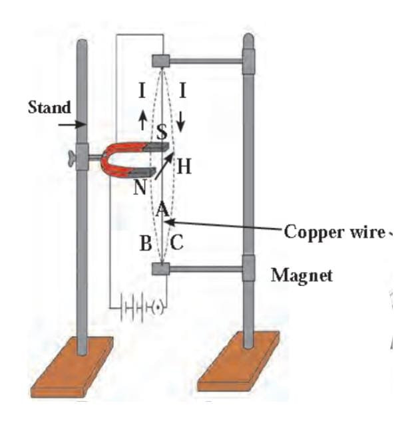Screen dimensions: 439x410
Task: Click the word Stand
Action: pos(47,108)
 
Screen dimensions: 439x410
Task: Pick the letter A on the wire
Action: pos(161,210)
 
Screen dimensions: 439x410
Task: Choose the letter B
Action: pos(146,243)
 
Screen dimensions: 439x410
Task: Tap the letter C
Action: pos(178,243)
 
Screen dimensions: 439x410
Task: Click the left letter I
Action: pos(142,93)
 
